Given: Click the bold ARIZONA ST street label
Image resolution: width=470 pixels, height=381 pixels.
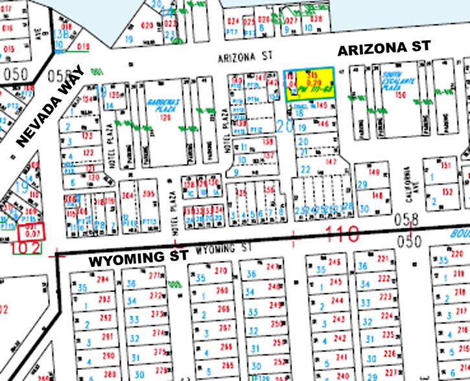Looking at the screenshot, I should coord(385,49).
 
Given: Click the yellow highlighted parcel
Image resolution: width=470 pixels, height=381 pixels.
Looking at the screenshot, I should coord(310,84).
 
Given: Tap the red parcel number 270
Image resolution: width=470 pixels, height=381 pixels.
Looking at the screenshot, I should coord(221,270).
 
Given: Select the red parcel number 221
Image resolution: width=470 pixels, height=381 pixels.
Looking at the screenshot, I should coord(383,257).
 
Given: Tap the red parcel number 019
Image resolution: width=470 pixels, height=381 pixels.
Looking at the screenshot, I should coord(82,46).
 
